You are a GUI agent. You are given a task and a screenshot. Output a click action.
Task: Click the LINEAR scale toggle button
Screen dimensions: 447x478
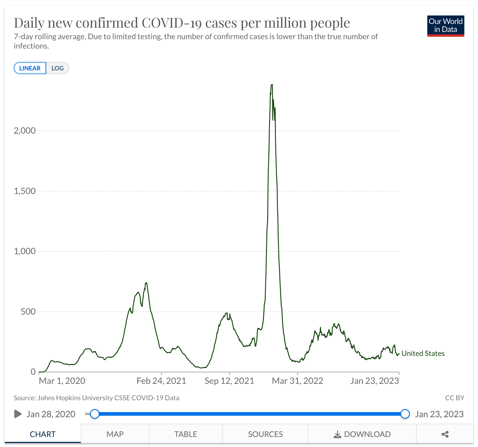(x=30, y=68)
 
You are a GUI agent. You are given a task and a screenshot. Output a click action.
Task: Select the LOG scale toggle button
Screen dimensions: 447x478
(x=57, y=68)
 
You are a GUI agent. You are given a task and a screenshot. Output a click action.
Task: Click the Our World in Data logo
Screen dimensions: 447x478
(x=445, y=26)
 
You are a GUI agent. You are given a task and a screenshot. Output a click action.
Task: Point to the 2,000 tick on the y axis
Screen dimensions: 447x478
(x=25, y=131)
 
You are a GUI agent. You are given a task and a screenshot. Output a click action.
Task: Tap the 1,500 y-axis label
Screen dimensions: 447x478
(x=25, y=191)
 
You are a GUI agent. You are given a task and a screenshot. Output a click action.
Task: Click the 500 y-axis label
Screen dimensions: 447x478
(x=28, y=312)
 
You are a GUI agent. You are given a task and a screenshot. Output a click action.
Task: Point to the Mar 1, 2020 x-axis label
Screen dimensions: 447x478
(x=62, y=381)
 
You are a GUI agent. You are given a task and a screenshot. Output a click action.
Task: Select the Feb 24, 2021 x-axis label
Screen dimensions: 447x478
(x=161, y=381)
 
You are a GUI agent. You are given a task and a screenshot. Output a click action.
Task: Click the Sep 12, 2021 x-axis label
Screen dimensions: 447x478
(x=229, y=381)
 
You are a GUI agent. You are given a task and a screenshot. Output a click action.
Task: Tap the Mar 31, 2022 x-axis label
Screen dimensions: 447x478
(x=298, y=381)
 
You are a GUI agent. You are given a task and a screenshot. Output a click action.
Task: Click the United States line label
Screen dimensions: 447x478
(x=423, y=353)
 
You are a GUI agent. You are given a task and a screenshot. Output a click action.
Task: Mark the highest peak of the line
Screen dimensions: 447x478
(x=272, y=85)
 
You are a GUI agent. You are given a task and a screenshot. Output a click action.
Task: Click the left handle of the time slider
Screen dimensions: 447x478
(x=95, y=414)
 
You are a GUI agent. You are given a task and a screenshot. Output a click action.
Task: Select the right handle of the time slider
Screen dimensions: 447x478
(x=405, y=414)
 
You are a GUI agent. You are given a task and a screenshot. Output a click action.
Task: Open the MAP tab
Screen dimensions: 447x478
(x=115, y=434)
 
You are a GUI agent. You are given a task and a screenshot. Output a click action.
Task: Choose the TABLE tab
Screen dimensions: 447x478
(x=186, y=434)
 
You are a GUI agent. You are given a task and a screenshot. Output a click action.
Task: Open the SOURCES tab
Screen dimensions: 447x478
(x=265, y=434)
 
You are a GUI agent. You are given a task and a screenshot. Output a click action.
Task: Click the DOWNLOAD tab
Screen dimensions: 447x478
(x=362, y=434)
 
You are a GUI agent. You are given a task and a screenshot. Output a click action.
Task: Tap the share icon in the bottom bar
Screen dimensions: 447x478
(x=445, y=434)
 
